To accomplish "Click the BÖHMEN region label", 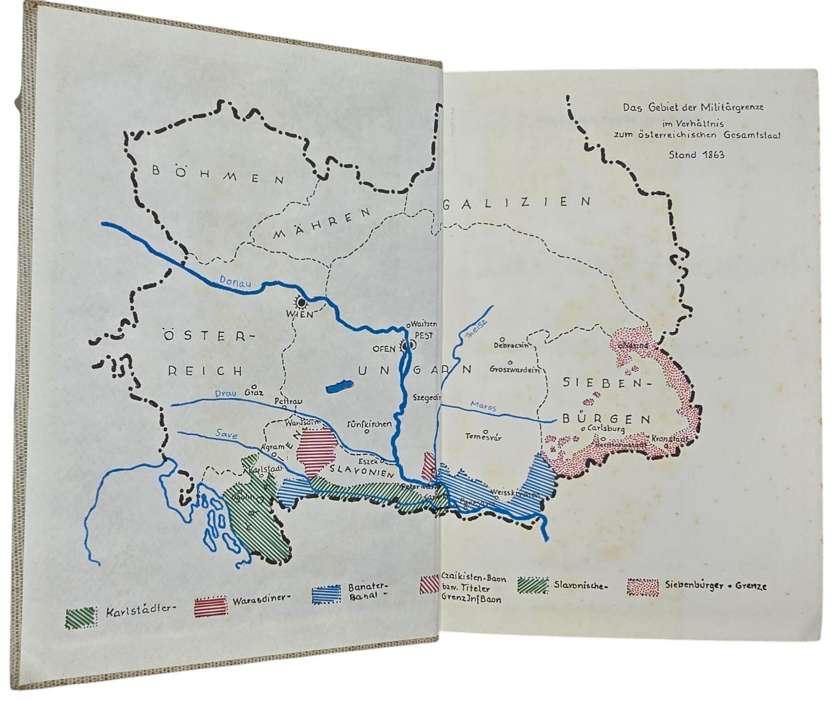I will tap(218, 175).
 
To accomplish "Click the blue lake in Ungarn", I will tap(339, 386).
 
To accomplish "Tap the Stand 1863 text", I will tap(696, 155).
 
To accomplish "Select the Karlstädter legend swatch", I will tap(81, 617).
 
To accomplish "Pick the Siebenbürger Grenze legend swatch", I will tap(643, 587).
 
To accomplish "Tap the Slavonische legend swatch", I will tap(533, 585).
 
